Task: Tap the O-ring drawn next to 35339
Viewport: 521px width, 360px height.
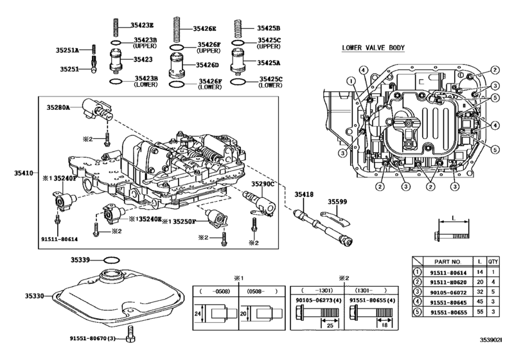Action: pyautogui.click(x=112, y=260)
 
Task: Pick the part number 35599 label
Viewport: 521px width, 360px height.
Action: pyautogui.click(x=337, y=201)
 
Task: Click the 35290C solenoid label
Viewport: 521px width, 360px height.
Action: pyautogui.click(x=263, y=183)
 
